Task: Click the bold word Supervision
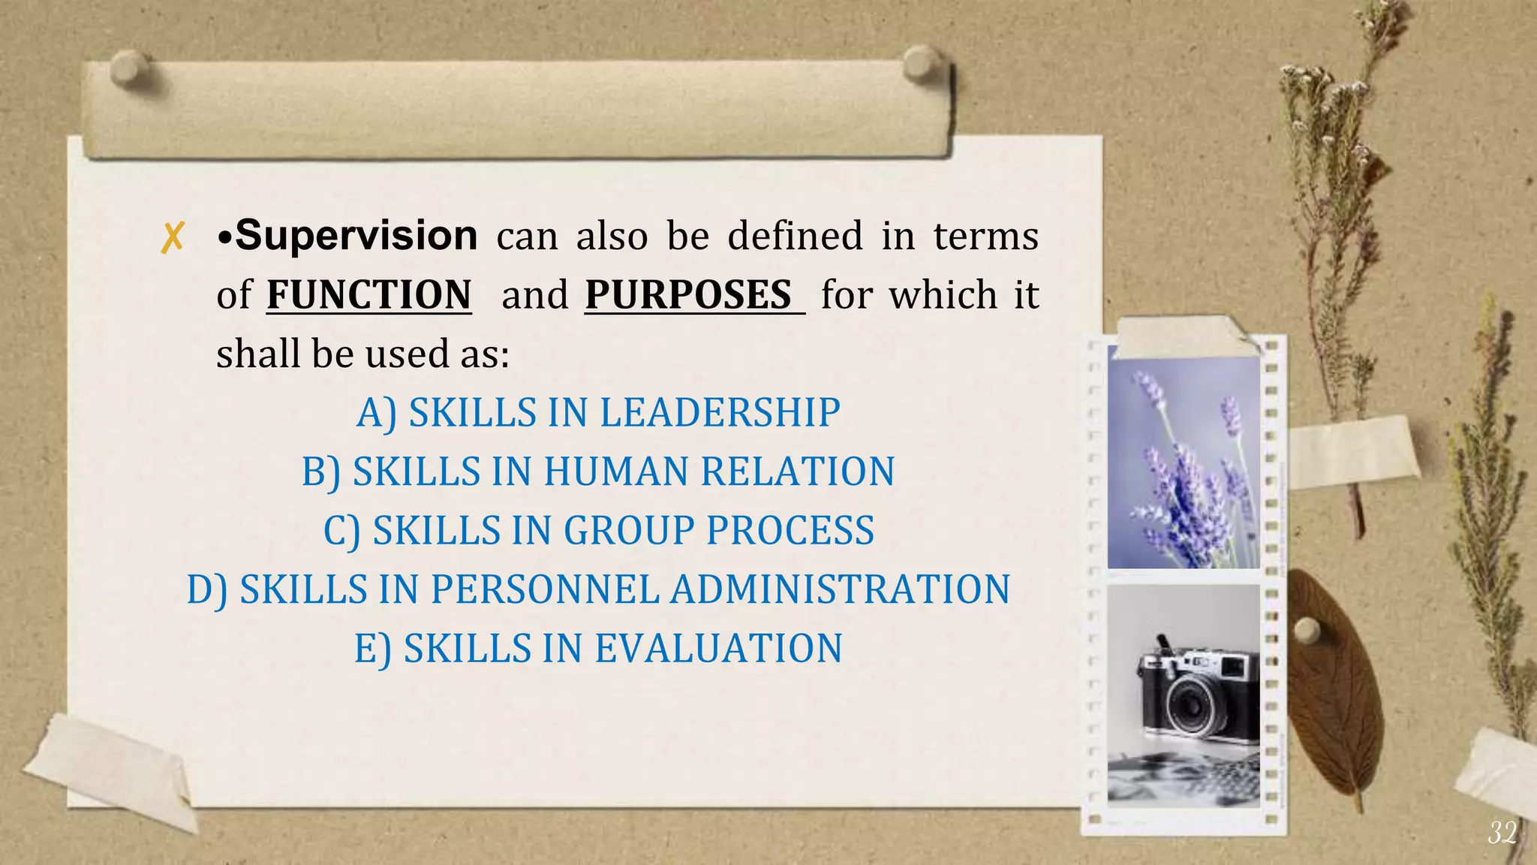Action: tap(356, 236)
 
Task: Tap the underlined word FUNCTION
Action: tap(369, 294)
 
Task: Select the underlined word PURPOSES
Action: tap(689, 294)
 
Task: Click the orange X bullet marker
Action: tap(173, 238)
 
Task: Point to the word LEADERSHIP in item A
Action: tap(720, 413)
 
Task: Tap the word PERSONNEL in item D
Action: tap(544, 589)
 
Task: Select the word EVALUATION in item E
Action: tap(718, 649)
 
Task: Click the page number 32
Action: tap(1502, 833)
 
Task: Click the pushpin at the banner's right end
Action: tap(920, 62)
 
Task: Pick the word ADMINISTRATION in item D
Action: tap(840, 589)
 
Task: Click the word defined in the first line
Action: tap(795, 236)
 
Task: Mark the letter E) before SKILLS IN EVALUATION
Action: tap(372, 649)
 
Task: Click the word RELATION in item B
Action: tap(797, 472)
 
